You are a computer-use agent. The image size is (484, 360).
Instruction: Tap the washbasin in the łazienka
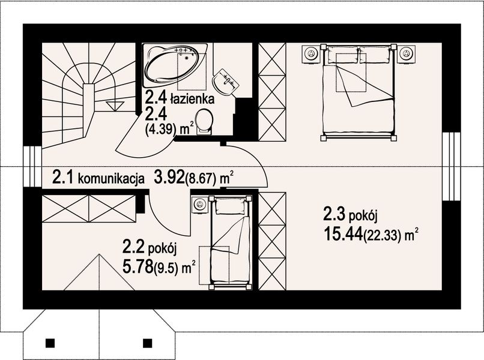click(226, 80)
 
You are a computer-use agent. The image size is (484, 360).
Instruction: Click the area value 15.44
click(343, 232)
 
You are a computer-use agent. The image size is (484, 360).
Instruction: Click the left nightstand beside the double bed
click(311, 53)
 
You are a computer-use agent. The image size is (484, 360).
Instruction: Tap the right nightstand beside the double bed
click(406, 53)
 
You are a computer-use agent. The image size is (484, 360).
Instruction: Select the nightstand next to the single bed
click(199, 205)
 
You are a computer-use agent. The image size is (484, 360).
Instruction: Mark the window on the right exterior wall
click(450, 166)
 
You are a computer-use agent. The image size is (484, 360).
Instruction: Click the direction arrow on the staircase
click(112, 106)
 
